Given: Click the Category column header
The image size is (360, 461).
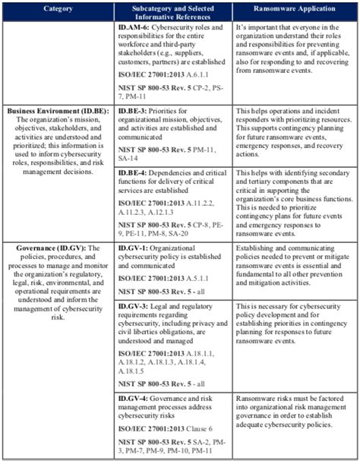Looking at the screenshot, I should (x=57, y=9).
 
